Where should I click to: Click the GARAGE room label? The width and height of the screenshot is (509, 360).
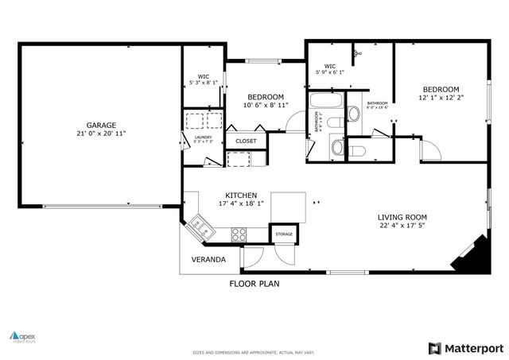[x=102, y=125]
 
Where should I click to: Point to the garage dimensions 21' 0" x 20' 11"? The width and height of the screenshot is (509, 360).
[x=102, y=134]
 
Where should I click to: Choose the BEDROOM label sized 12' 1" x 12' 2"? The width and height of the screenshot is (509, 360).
[x=441, y=89]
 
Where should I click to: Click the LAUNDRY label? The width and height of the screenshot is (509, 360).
[x=203, y=138]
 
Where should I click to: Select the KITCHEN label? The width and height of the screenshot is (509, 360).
[x=241, y=195]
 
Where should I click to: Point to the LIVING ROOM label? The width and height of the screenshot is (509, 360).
[x=402, y=217]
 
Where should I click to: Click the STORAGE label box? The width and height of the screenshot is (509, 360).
[x=284, y=235]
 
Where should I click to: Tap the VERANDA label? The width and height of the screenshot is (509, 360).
[x=208, y=259]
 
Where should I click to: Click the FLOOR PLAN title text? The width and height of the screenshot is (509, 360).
[x=254, y=283]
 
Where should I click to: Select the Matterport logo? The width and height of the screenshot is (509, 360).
[x=464, y=347]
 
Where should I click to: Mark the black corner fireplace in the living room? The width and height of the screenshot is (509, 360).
[x=468, y=254]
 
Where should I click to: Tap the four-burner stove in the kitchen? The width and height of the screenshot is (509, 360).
[x=239, y=234]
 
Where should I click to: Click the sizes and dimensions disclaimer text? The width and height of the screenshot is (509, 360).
[x=254, y=351]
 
